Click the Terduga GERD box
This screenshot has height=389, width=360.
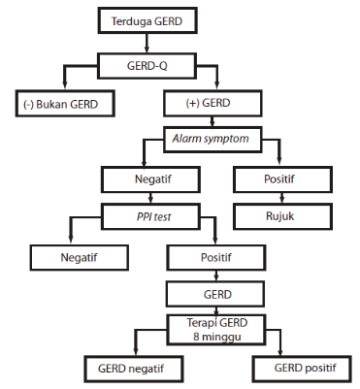pos(145,19)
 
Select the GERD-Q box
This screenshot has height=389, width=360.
pos(145,66)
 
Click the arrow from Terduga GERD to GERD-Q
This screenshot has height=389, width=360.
pos(145,42)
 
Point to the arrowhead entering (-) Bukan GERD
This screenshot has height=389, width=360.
pos(65,87)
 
